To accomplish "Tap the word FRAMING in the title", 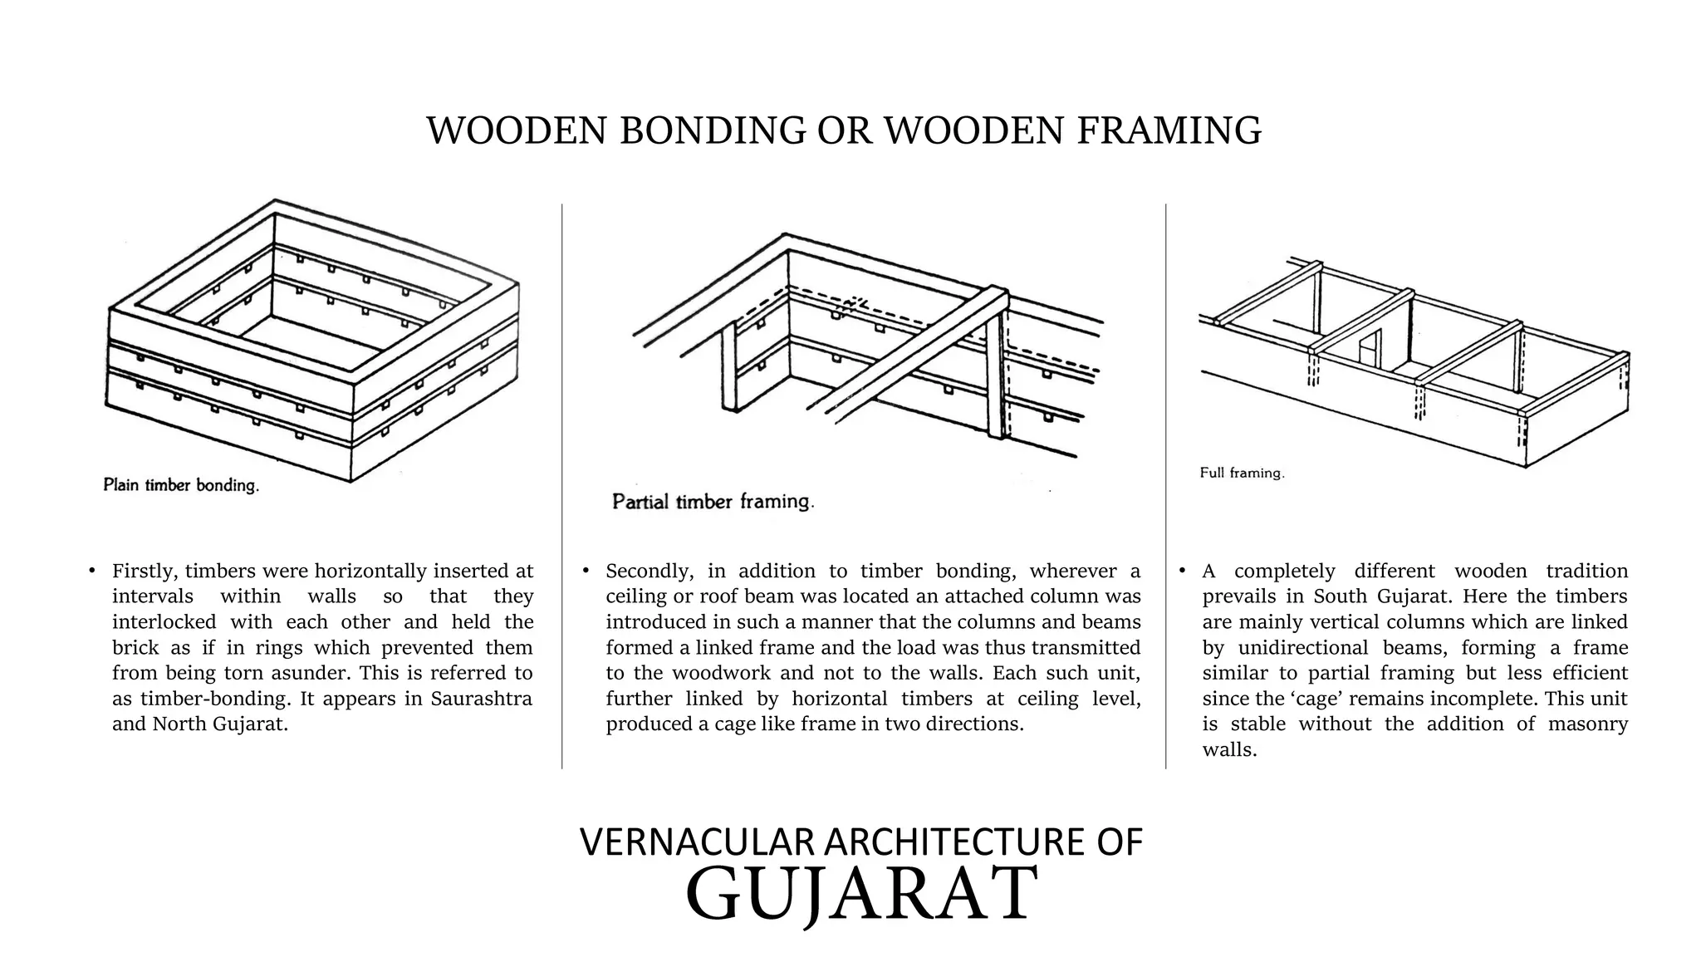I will point(1169,130).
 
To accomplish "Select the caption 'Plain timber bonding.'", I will point(181,485).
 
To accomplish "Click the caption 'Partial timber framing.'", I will point(713,502).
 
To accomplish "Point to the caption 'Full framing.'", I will point(1242,473).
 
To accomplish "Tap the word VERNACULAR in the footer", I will point(696,842).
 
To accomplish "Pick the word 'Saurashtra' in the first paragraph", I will point(482,699).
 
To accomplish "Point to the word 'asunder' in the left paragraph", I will point(310,673).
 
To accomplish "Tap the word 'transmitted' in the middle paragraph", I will point(1094,648).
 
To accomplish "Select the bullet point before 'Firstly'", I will point(92,571).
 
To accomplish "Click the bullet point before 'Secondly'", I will point(586,571).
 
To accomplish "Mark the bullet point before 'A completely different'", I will point(1182,571).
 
